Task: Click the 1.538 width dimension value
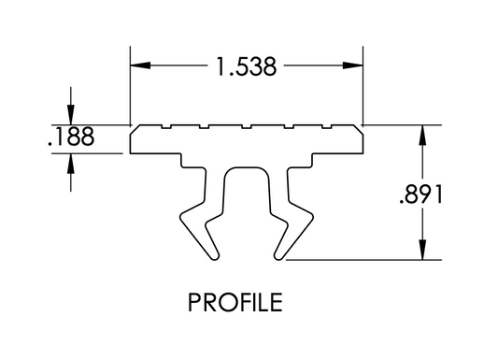pos(246,67)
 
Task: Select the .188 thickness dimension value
pos(70,137)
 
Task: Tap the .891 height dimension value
pos(425,195)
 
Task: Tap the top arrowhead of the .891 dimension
pos(424,135)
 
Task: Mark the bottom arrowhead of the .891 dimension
pos(424,252)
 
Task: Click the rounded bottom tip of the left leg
pos(214,255)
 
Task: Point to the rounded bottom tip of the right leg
pos(278,255)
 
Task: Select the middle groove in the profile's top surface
pos(246,126)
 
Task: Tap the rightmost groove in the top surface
pos(327,126)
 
